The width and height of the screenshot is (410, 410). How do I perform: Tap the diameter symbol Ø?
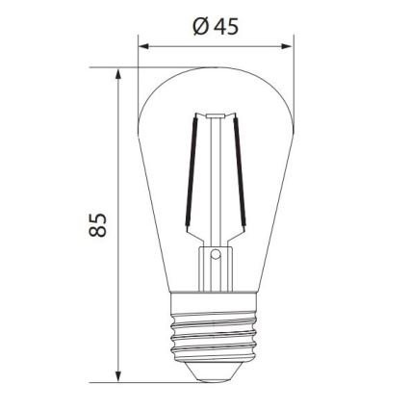200,26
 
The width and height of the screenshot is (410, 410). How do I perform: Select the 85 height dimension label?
97,225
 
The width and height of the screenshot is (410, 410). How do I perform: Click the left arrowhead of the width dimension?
144,44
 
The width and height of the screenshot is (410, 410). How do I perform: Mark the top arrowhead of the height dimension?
118,74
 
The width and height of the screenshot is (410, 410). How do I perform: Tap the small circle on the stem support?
216,256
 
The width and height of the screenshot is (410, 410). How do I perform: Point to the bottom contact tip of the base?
216,376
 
